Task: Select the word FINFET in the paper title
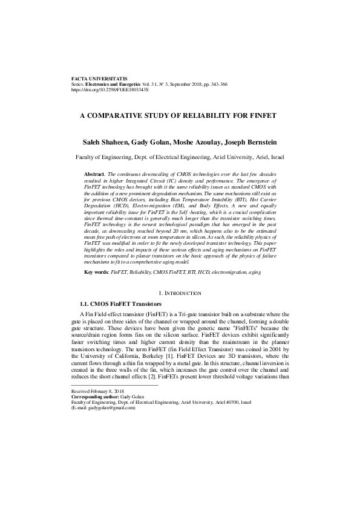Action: (262, 114)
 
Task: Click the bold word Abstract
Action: (94, 174)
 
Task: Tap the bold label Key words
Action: (96, 273)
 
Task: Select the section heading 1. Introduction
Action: (180, 293)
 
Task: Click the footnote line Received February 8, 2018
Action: (97, 392)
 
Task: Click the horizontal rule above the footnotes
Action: (114, 385)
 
